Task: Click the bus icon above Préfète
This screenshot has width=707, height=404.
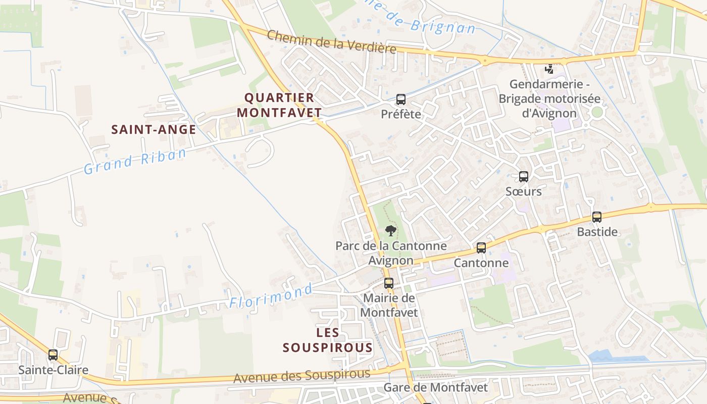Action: (x=401, y=99)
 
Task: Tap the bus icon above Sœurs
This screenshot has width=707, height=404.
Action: (x=524, y=177)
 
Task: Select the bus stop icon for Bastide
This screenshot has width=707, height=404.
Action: (x=597, y=217)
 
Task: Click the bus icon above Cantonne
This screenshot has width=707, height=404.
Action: (x=481, y=248)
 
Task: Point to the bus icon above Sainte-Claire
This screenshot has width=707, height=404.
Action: (x=53, y=355)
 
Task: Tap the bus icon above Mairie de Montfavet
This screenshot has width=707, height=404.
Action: (x=388, y=283)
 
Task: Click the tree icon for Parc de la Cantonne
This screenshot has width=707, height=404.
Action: (x=390, y=231)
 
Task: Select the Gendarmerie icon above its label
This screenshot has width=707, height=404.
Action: (x=549, y=69)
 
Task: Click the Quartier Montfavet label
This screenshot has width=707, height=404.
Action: (x=279, y=105)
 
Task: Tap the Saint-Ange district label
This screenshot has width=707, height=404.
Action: (x=154, y=130)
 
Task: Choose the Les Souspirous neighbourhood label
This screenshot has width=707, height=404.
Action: (x=328, y=340)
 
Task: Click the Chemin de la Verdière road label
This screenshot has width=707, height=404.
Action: (x=331, y=42)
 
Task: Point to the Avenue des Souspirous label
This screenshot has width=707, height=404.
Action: (x=301, y=376)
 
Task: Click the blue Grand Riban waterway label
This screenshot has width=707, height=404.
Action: (x=135, y=161)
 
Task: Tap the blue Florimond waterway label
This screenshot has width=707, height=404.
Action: (x=271, y=296)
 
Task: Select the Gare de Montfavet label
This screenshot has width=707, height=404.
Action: (x=436, y=388)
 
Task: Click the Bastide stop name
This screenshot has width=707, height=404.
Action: (x=597, y=232)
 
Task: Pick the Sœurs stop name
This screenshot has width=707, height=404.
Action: (x=524, y=191)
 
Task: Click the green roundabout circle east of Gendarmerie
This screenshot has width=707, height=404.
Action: (x=597, y=112)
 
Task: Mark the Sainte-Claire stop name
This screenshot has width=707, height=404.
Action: (x=53, y=370)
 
